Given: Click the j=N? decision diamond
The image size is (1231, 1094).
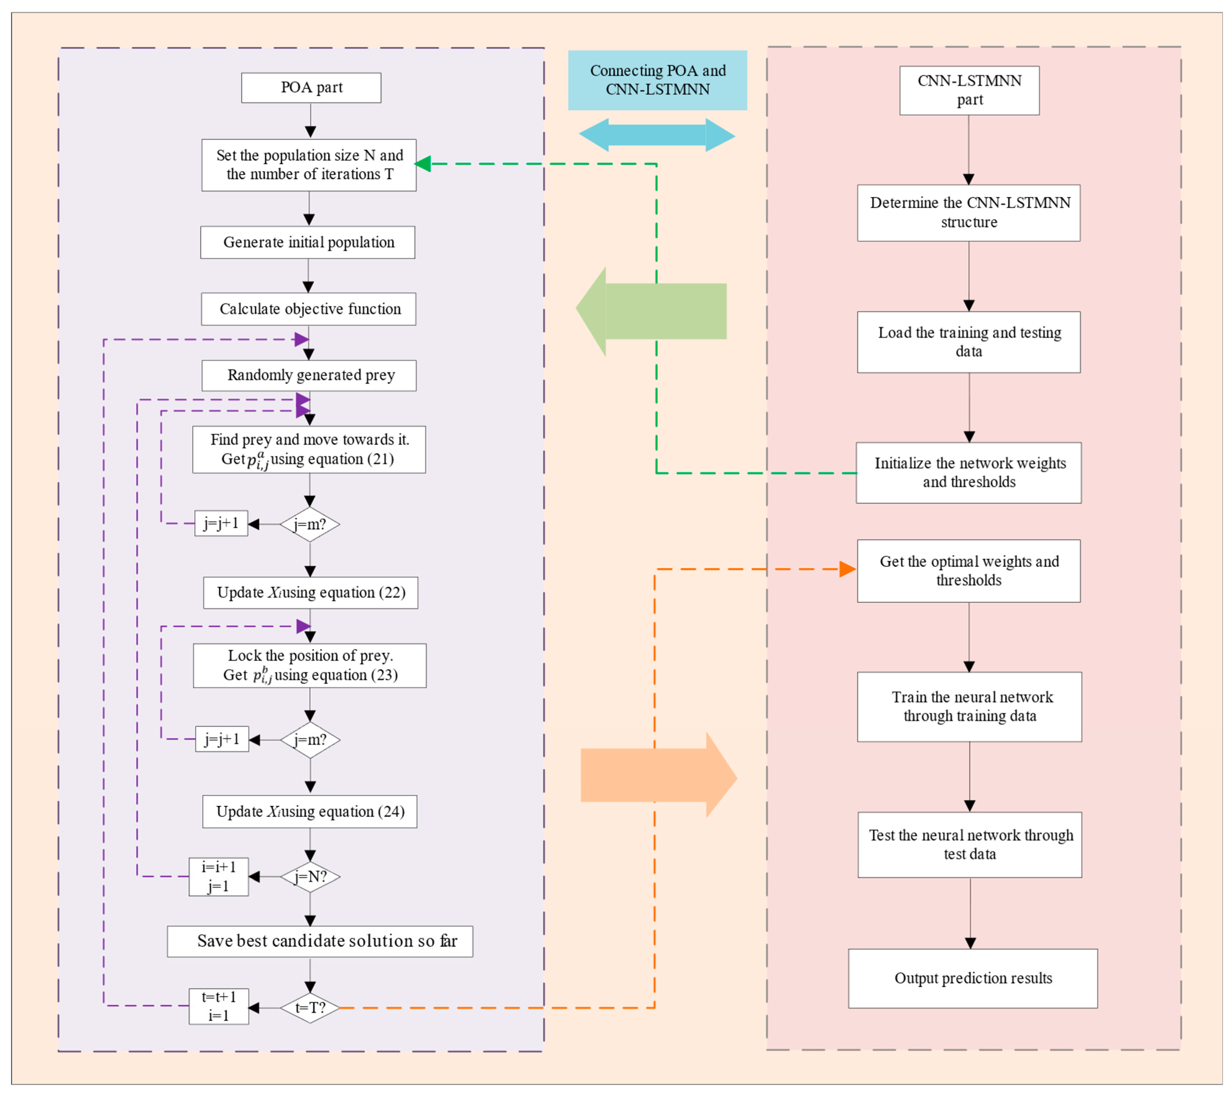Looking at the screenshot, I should pos(310,877).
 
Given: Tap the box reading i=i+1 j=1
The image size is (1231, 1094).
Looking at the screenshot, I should pos(218,877).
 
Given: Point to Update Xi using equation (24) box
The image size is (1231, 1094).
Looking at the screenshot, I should pos(310,812).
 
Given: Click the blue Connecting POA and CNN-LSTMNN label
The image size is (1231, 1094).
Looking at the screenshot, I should pos(657,80).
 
